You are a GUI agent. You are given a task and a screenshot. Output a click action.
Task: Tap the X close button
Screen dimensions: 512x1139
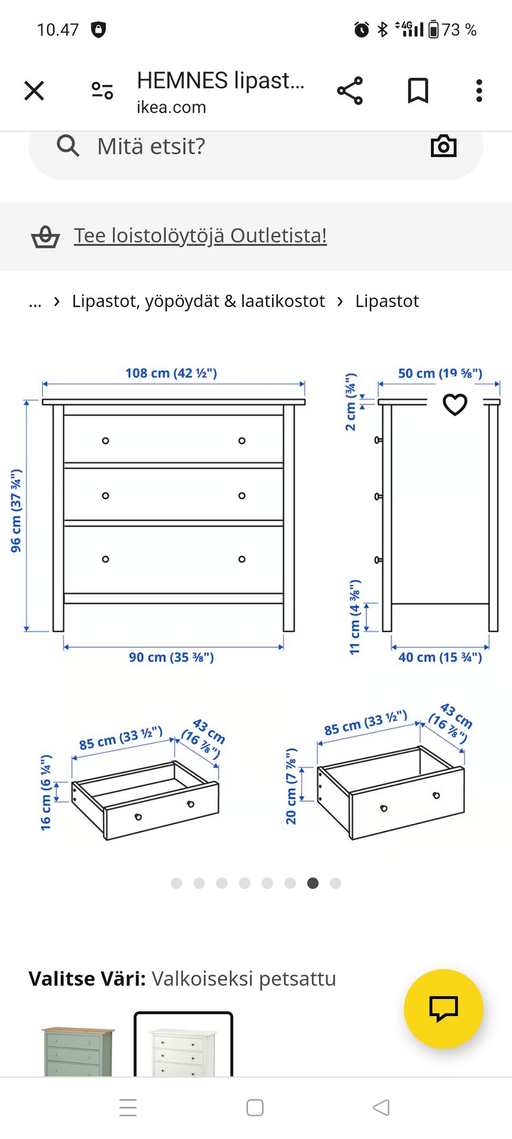coord(34,91)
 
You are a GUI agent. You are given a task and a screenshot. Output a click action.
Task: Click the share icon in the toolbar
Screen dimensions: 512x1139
coord(350,91)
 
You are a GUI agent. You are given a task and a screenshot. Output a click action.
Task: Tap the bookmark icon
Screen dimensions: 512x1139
coord(418,91)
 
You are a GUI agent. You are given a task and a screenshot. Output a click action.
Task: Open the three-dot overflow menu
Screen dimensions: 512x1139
coord(479,91)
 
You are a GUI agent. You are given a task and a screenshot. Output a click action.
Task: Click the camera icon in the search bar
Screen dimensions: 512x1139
coord(444,146)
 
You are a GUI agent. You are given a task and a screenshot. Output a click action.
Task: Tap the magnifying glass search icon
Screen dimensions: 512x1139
coord(68,145)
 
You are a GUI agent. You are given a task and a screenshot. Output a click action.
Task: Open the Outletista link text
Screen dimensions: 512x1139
coord(200,235)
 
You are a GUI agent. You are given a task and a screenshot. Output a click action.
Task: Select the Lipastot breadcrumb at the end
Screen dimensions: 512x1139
coord(387,301)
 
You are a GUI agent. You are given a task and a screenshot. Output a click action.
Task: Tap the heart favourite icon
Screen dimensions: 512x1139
coord(455,404)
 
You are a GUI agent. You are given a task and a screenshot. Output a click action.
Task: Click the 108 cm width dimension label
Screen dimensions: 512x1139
coord(171,373)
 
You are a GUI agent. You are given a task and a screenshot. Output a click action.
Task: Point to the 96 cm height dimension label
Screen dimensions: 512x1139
coord(16,511)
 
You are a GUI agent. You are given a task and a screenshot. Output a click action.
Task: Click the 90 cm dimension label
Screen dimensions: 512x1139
coord(171,657)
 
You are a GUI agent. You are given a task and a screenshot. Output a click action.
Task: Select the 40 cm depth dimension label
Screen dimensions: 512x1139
coord(440,657)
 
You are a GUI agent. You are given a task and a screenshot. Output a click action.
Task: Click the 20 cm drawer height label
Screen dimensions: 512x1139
coord(291,786)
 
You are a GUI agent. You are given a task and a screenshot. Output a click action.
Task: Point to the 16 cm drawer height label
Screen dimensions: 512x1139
coord(46,792)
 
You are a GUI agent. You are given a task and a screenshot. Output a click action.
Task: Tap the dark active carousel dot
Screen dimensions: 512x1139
coord(313,883)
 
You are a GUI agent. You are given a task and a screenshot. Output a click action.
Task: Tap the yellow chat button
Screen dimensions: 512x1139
coord(444,1009)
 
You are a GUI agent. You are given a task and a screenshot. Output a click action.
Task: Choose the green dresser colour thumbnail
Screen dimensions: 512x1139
coord(78,1051)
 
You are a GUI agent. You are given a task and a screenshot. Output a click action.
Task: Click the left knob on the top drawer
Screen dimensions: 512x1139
coord(106,441)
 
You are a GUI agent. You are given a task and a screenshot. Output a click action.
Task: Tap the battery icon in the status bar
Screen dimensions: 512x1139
coord(434,29)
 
